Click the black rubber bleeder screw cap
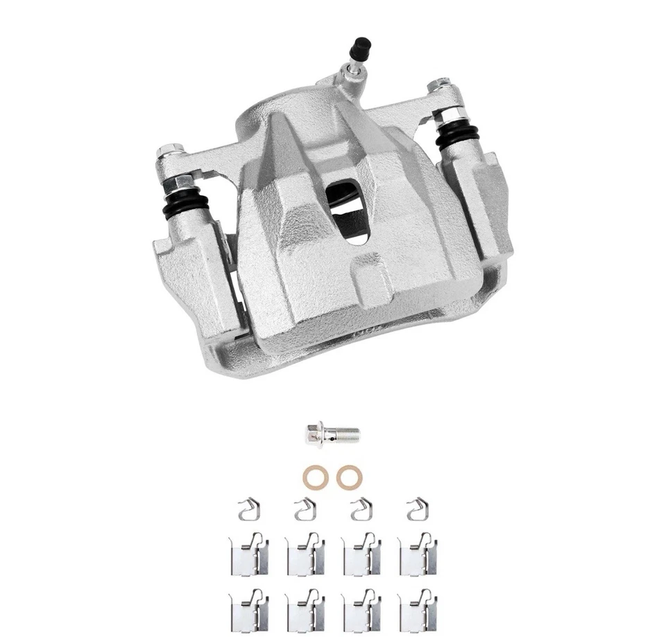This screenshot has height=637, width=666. [360, 48]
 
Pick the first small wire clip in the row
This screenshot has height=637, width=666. [248, 511]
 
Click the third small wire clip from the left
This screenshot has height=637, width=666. [360, 511]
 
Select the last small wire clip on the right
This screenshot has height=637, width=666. [416, 511]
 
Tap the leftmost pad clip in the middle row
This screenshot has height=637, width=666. [248, 554]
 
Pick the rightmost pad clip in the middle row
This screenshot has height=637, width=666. [418, 554]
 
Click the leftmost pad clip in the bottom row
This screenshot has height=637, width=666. [248, 610]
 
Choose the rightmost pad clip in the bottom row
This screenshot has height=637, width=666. [418, 610]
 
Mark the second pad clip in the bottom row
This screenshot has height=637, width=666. [305, 610]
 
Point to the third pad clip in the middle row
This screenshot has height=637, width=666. [361, 554]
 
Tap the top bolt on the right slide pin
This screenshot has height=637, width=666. [441, 87]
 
